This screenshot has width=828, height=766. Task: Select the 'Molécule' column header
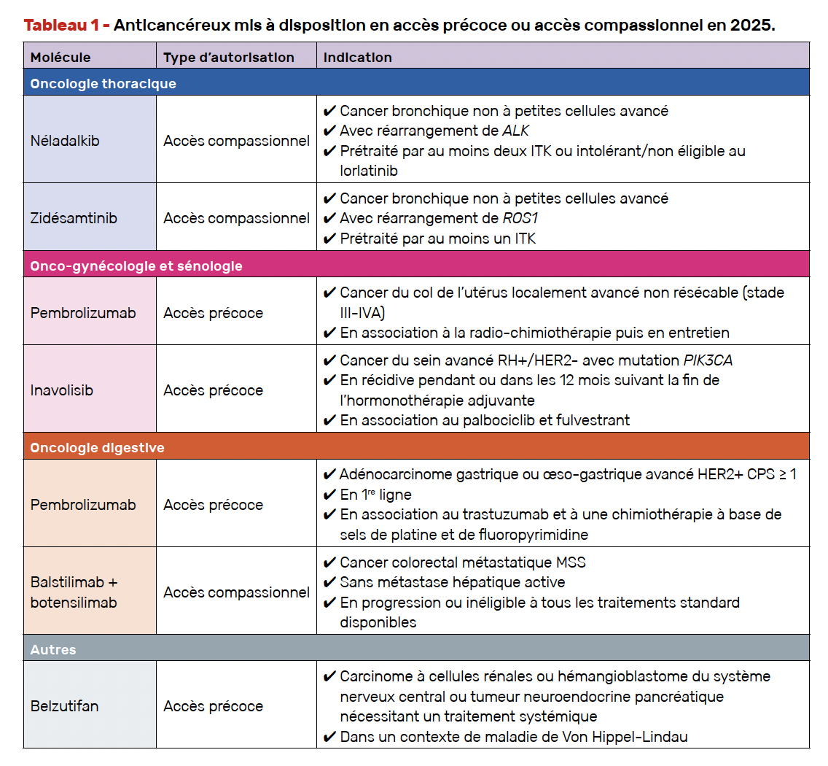(60, 57)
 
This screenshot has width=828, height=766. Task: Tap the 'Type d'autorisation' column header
(229, 57)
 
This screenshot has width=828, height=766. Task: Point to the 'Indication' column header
(358, 57)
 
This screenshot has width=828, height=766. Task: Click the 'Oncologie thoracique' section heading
(103, 83)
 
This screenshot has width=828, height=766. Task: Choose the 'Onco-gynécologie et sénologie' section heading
(136, 266)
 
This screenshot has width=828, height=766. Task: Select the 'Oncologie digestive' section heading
(97, 447)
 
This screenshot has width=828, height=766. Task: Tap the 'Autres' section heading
(53, 649)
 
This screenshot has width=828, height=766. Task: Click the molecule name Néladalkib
(65, 141)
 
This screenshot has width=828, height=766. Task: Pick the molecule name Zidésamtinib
(74, 218)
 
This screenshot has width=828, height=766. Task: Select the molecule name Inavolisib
(62, 390)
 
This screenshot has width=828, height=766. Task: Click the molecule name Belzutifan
(64, 705)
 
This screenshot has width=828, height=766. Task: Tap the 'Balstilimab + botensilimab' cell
(74, 592)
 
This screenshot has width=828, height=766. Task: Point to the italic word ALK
(515, 131)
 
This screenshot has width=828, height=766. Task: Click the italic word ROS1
(520, 218)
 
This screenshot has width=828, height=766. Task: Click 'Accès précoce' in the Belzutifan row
(213, 705)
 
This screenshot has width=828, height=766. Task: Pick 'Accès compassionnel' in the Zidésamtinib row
(236, 218)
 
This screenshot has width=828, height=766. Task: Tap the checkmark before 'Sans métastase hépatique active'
(329, 582)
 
